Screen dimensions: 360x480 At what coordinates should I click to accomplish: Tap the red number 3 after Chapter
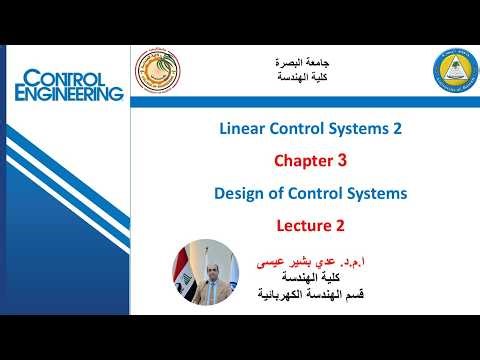[342, 160]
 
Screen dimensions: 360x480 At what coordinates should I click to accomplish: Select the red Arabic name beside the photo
[305, 259]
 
